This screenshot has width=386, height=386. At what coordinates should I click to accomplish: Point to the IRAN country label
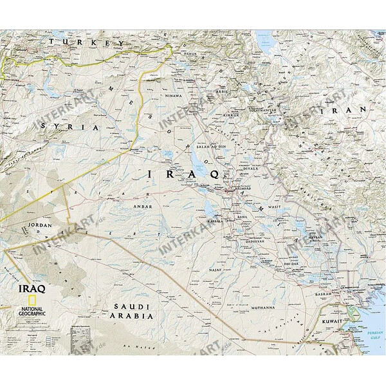(351, 110)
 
